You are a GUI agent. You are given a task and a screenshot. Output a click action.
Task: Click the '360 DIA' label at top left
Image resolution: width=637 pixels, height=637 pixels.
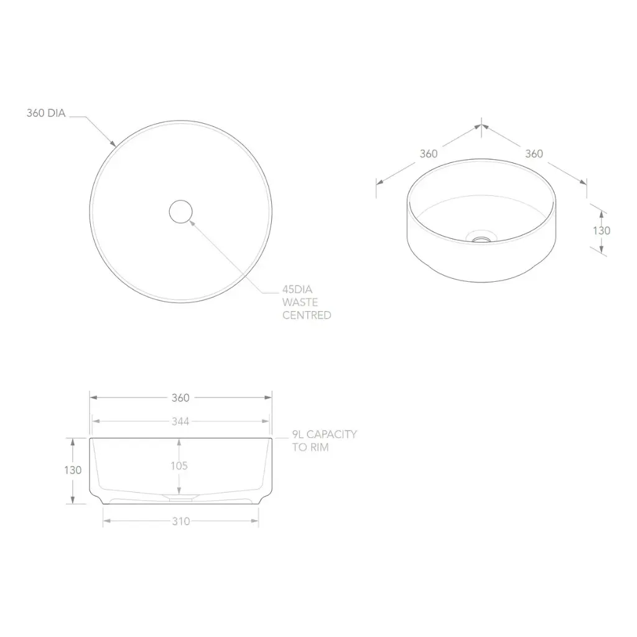pyautogui.click(x=46, y=113)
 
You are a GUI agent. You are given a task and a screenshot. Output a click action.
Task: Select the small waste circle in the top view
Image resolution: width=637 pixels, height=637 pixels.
pyautogui.click(x=181, y=212)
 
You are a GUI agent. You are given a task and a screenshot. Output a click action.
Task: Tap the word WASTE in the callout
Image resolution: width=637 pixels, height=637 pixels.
pyautogui.click(x=300, y=302)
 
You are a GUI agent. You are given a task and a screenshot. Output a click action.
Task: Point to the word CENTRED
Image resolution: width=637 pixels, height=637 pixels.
pyautogui.click(x=307, y=315)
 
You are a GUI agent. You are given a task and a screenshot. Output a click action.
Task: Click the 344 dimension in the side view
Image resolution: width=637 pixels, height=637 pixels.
pyautogui.click(x=180, y=421)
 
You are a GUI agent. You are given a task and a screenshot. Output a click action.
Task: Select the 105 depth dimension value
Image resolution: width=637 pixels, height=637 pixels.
pyautogui.click(x=179, y=465)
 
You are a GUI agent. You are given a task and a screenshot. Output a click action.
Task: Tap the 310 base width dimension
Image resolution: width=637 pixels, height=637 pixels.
pyautogui.click(x=181, y=521)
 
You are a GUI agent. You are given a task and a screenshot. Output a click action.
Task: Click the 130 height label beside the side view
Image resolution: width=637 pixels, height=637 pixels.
pyautogui.click(x=73, y=470)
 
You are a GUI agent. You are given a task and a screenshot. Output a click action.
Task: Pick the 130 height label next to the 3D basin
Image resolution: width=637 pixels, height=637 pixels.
pyautogui.click(x=602, y=230)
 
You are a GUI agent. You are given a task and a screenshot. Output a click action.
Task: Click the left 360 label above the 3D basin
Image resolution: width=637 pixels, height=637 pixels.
pyautogui.click(x=429, y=154)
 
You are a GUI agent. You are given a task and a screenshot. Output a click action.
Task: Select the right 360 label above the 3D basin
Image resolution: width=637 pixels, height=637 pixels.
pyautogui.click(x=534, y=154)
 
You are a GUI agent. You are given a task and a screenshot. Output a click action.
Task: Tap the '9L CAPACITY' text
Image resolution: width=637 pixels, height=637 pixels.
pyautogui.click(x=325, y=434)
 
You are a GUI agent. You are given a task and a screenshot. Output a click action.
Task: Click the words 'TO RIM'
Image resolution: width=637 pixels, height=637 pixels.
pyautogui.click(x=310, y=447)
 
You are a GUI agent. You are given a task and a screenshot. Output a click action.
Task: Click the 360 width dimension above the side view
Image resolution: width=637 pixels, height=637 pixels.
pyautogui.click(x=180, y=398)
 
